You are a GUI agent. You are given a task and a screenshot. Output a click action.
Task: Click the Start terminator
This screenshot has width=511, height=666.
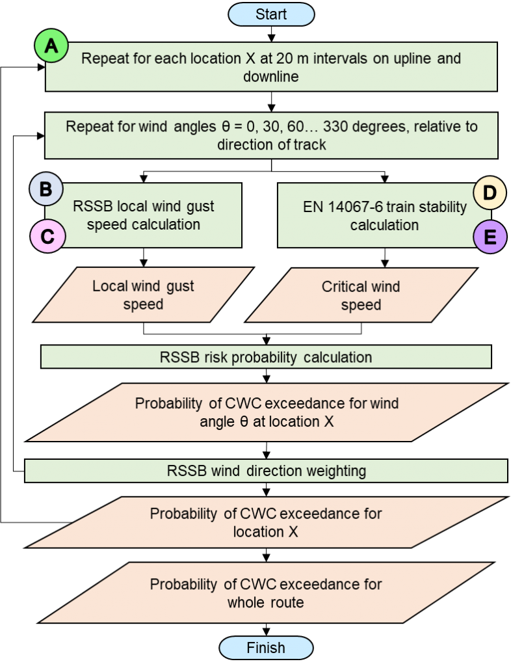[271, 14]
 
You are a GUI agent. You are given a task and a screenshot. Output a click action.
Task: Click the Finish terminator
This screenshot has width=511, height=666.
[266, 648]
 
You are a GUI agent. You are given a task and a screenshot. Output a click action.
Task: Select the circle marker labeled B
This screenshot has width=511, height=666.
[46, 189]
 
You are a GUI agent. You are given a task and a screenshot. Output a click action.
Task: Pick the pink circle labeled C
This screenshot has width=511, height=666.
[47, 237]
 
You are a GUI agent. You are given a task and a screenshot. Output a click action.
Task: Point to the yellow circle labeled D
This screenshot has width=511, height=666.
[490, 193]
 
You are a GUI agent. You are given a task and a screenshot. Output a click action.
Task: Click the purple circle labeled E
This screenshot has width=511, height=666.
[490, 237]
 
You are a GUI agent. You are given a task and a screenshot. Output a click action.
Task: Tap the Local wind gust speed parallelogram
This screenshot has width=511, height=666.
[143, 295]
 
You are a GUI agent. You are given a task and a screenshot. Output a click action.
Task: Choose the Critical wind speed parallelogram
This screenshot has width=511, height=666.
[361, 295]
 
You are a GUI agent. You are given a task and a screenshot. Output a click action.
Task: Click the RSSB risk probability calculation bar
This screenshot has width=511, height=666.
[266, 357]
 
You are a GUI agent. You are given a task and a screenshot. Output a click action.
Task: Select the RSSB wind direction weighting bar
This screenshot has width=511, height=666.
[266, 470]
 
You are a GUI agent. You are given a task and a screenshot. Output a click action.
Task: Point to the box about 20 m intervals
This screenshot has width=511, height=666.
[271, 67]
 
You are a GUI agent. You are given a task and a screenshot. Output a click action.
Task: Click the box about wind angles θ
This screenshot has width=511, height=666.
[271, 135]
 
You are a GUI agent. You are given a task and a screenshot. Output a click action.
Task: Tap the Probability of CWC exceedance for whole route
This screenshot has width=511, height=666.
[266, 593]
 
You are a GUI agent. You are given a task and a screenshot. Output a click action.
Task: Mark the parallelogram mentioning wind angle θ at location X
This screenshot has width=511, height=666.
[267, 412]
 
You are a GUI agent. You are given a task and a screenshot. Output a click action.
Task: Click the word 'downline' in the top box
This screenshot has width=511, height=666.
[271, 77]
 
